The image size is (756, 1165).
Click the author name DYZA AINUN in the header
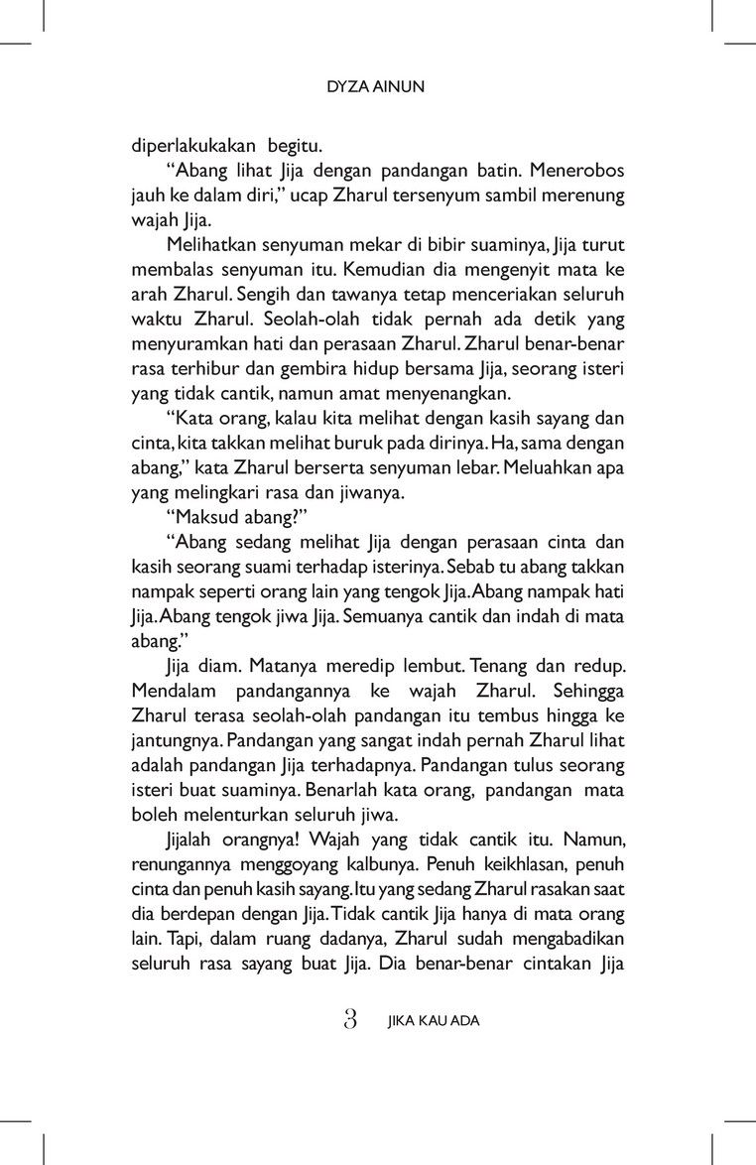click(x=376, y=87)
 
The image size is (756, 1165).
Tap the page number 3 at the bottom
click(x=349, y=1019)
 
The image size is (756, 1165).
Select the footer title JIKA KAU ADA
click(x=434, y=1020)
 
